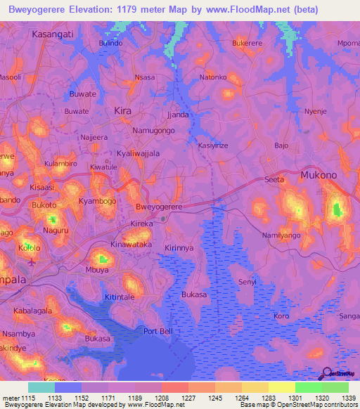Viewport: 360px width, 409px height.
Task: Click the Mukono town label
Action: tap(321, 174)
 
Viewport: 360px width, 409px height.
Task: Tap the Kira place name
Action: tap(122, 111)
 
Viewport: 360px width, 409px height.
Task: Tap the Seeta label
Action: tap(274, 179)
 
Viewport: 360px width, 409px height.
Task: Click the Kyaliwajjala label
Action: tap(138, 153)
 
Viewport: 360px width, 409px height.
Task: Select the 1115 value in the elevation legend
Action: tap(28, 397)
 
